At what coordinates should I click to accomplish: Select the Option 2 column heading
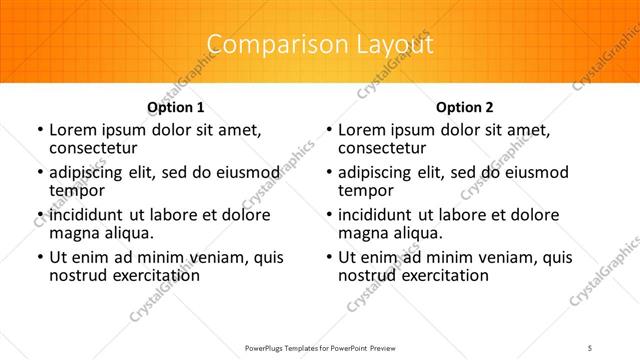click(465, 107)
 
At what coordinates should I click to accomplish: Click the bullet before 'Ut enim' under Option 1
click(39, 258)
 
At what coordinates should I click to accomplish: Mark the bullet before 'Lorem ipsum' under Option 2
click(329, 130)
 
